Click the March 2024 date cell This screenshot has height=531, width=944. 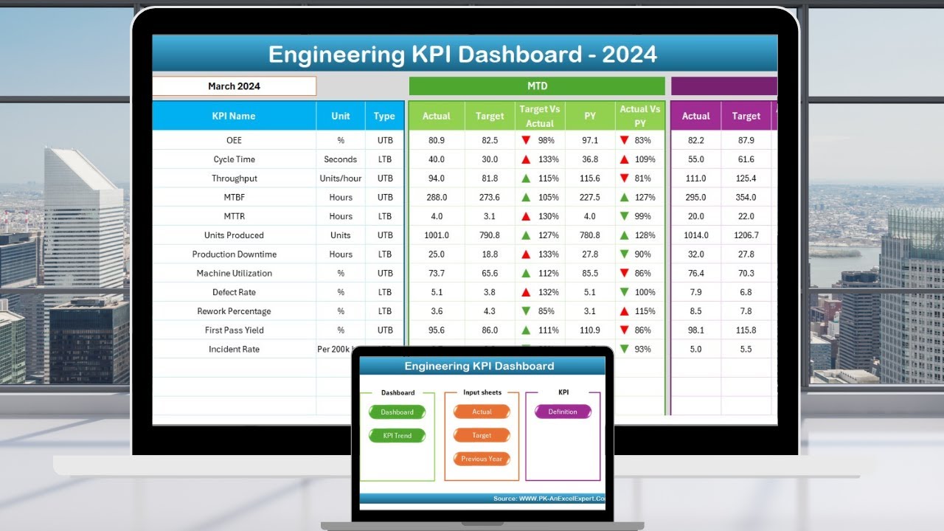(x=234, y=86)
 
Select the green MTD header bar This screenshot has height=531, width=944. (x=537, y=86)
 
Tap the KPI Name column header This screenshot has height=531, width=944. (x=234, y=116)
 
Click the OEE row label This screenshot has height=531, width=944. (x=234, y=140)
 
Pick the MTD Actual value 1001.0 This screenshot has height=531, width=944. (x=436, y=235)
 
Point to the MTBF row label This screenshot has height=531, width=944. (x=234, y=197)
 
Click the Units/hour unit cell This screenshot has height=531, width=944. (x=341, y=178)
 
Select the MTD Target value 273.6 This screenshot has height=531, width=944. (x=490, y=197)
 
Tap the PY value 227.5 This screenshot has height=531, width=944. (x=590, y=197)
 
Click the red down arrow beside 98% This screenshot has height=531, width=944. (x=526, y=140)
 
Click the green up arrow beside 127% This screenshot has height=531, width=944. (x=526, y=235)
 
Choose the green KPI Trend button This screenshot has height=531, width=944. (x=398, y=436)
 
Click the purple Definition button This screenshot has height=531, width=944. (x=563, y=412)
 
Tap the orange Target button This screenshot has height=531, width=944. (x=482, y=436)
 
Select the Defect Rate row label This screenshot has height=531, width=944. (x=234, y=292)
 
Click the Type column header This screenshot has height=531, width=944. (x=384, y=116)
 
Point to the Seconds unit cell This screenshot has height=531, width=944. (x=341, y=159)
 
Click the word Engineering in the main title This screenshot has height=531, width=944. (x=336, y=55)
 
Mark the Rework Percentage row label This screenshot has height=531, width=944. (x=234, y=311)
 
